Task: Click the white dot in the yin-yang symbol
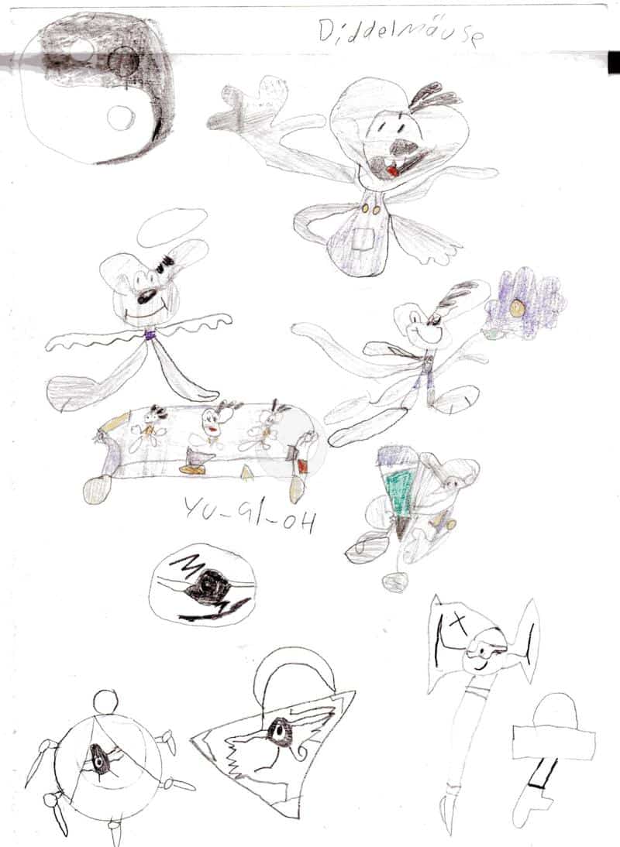point(121,117)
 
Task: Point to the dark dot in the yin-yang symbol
point(124,62)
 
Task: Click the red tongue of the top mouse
point(392,170)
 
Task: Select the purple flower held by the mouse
point(523,304)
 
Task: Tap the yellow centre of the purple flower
point(517,307)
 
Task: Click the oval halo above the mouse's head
point(172,228)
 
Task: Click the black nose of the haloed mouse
point(146,296)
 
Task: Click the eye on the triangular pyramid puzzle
point(279,732)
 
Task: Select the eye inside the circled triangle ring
point(98,760)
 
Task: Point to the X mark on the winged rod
point(459,625)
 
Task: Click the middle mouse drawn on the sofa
point(215,423)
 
